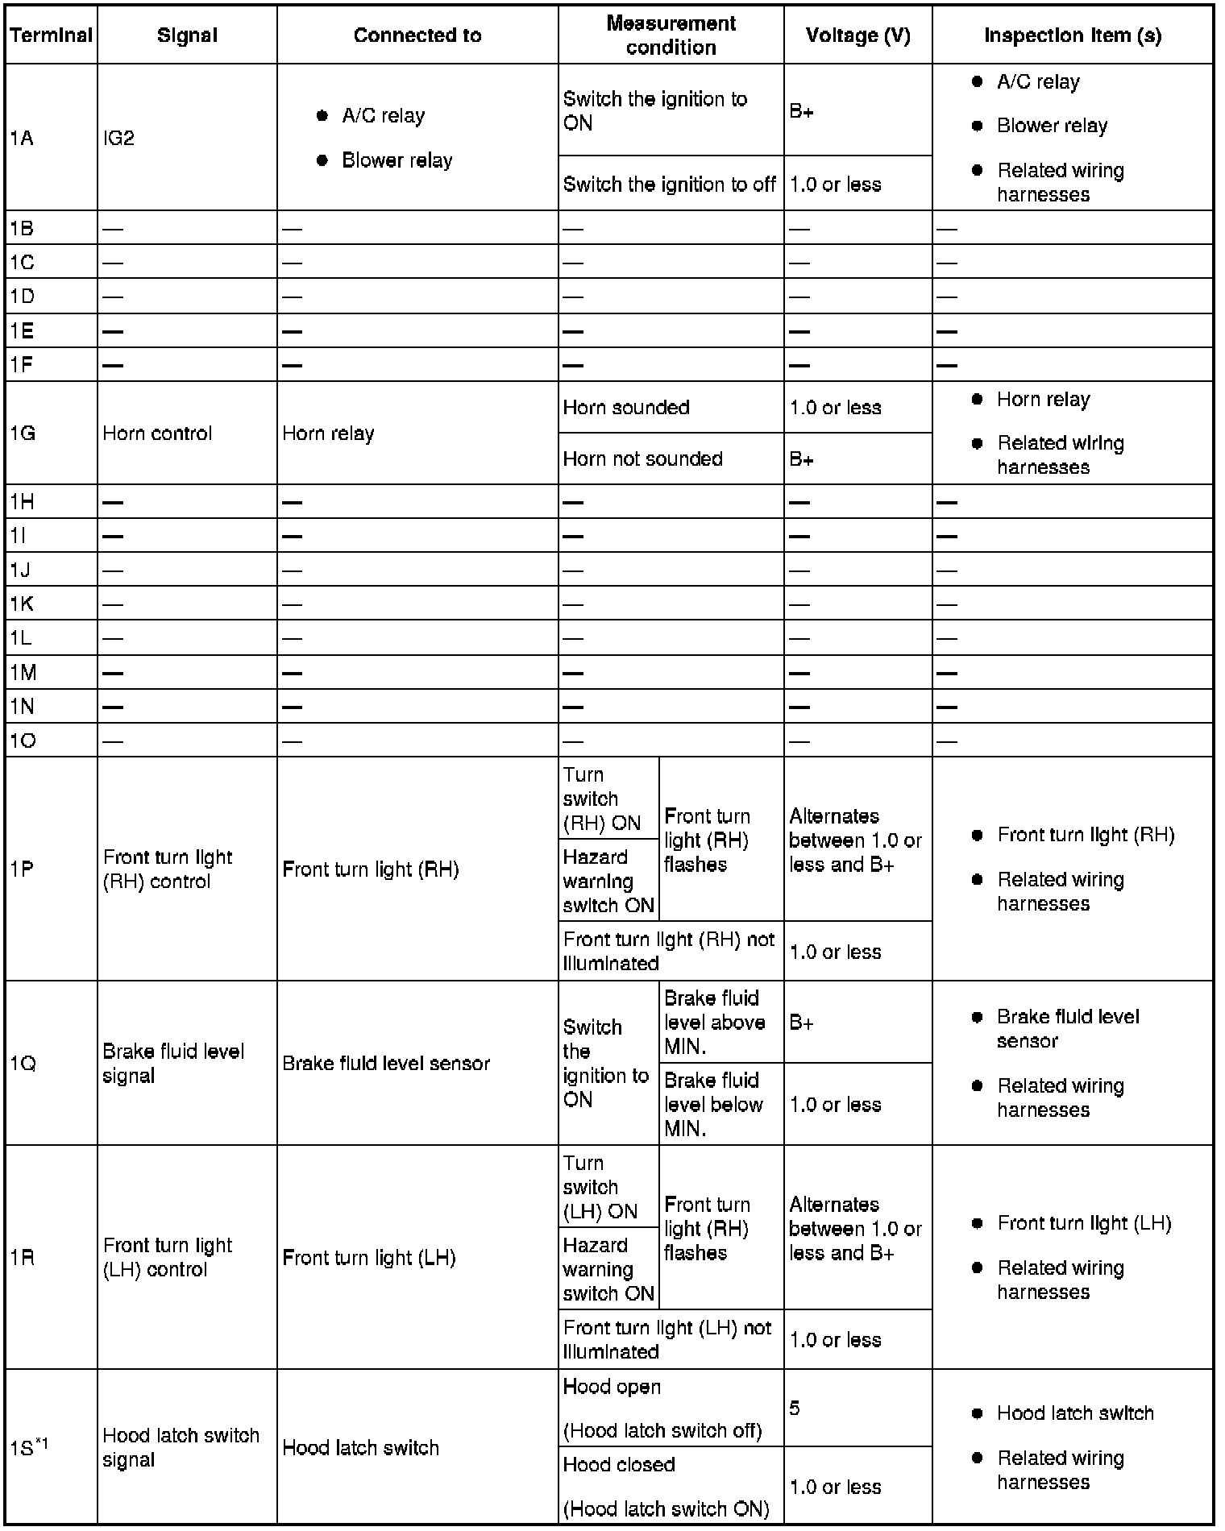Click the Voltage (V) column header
click(857, 35)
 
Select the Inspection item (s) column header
click(1072, 35)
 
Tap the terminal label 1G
click(23, 434)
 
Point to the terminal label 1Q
click(23, 1064)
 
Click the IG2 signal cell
click(118, 139)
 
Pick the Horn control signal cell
click(157, 434)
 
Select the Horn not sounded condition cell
click(642, 459)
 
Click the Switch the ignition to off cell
click(669, 185)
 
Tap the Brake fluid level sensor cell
click(385, 1064)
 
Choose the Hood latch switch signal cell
click(181, 1447)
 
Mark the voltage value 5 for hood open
click(795, 1409)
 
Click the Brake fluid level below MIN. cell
click(713, 1104)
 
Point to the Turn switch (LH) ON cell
click(600, 1187)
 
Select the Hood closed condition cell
click(666, 1487)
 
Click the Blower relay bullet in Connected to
click(397, 160)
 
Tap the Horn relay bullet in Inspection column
click(1043, 400)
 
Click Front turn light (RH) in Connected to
click(370, 869)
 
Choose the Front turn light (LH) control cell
click(168, 1258)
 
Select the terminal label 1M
click(23, 673)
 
